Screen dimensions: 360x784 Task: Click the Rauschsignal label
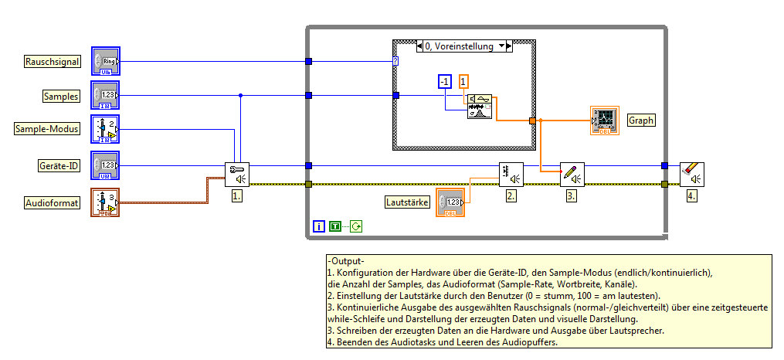(53, 62)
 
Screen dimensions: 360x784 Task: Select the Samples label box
(61, 96)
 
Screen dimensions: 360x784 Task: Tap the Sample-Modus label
(48, 129)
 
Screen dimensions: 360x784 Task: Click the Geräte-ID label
(58, 166)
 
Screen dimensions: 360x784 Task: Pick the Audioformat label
(53, 202)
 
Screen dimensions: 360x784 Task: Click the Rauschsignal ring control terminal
(105, 60)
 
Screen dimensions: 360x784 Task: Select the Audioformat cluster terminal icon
(105, 202)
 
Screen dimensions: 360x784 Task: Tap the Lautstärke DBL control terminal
(451, 202)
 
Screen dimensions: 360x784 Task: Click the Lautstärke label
(408, 202)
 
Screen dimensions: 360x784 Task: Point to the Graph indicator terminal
(603, 121)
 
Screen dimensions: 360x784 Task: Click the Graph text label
(641, 121)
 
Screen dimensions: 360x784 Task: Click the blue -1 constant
(443, 81)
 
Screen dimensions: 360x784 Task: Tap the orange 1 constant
(463, 81)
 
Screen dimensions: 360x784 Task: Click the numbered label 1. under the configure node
(237, 196)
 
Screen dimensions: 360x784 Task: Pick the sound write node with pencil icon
(572, 174)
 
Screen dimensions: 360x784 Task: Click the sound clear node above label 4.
(691, 174)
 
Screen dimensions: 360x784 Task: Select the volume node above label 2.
(511, 174)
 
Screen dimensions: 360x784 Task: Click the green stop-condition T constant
(335, 226)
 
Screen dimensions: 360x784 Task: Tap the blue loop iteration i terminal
(319, 226)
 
